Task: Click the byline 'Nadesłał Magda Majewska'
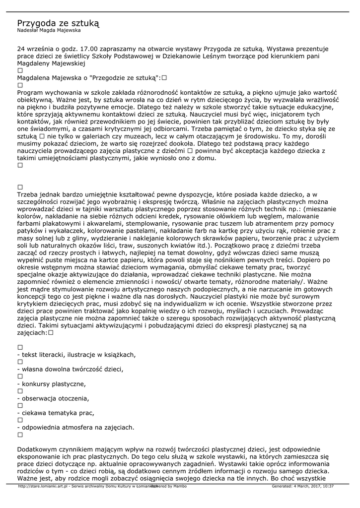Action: pos(49,31)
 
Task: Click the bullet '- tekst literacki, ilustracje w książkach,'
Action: pos(76,355)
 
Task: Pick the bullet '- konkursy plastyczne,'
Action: pos(51,383)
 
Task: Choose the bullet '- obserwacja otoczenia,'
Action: pos(53,398)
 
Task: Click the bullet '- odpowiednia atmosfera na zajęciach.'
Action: pos(75,427)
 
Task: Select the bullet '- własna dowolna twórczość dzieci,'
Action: pos(70,369)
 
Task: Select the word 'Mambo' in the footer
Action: pos(180,486)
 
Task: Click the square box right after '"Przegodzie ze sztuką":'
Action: pos(163,78)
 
